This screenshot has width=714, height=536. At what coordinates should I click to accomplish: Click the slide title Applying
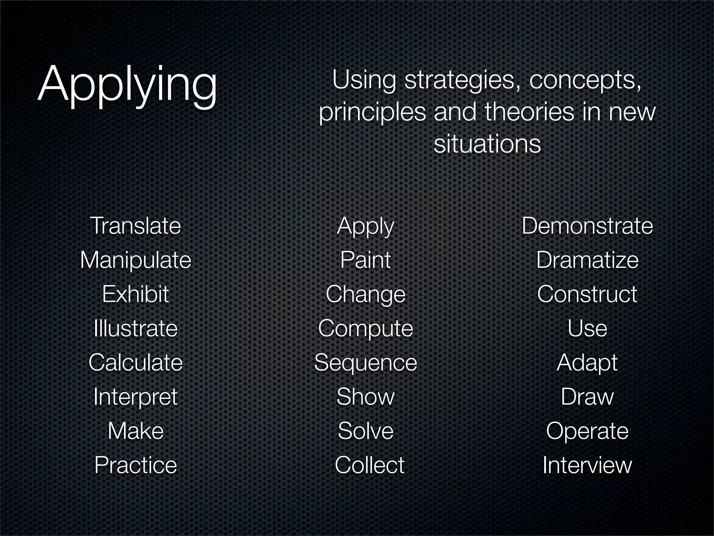(x=127, y=85)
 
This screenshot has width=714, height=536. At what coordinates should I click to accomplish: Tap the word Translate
(x=136, y=226)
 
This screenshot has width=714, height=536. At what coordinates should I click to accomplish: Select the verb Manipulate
(x=136, y=260)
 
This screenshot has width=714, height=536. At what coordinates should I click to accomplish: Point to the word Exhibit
(x=136, y=294)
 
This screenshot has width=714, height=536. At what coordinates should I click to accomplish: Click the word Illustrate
(x=136, y=328)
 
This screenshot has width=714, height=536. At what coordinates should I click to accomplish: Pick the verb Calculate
(x=136, y=362)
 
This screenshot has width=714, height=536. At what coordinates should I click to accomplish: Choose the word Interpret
(x=136, y=397)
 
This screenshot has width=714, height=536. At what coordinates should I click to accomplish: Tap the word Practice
(x=136, y=465)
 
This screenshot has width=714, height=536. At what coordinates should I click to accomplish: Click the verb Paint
(x=365, y=260)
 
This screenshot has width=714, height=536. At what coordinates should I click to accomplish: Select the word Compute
(x=365, y=329)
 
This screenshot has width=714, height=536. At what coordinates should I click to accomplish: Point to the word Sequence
(x=365, y=363)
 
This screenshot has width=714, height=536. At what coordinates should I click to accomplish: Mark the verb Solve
(x=365, y=431)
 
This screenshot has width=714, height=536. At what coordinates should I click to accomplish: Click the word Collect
(x=369, y=465)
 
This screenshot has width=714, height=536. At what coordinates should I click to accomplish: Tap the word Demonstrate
(x=587, y=226)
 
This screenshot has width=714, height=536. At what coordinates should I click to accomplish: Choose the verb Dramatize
(x=587, y=260)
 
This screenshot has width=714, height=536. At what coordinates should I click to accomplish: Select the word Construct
(x=587, y=294)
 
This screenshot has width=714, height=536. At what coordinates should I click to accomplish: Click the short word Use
(x=587, y=328)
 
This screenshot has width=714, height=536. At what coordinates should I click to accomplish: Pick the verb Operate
(x=587, y=431)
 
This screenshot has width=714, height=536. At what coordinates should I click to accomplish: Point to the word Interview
(x=587, y=465)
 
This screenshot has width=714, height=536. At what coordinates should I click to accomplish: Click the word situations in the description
(x=487, y=144)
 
